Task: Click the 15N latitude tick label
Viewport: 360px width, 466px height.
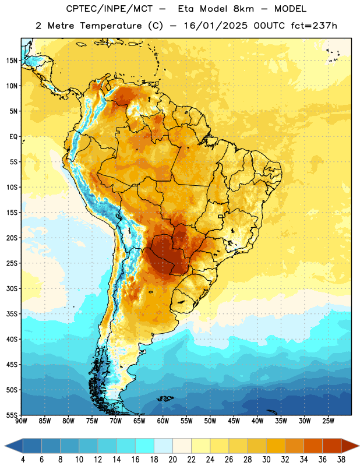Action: coord(12,61)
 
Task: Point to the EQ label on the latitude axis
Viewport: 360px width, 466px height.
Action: coord(13,137)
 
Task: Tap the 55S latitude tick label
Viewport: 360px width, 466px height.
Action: coord(12,415)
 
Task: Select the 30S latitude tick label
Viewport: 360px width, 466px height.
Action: coord(12,288)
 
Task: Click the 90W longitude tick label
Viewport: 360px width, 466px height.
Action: coord(21,421)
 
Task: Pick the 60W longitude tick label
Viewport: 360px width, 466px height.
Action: coord(163,421)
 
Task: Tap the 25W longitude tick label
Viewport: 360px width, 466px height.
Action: coord(328,421)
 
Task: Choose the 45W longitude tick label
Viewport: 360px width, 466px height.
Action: coord(234,421)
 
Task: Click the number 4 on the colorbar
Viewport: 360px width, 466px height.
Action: coord(23,460)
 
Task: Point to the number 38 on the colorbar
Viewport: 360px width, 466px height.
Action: coord(341,460)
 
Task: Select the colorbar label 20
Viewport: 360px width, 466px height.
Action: coord(172,460)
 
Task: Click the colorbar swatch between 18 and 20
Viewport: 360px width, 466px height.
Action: coord(163,446)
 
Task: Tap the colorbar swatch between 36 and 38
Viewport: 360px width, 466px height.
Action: coord(332,446)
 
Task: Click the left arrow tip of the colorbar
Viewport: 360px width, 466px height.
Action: coord(5,446)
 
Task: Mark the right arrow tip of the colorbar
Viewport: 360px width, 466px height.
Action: coord(359,446)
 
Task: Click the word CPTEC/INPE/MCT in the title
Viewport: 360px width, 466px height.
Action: coord(110,9)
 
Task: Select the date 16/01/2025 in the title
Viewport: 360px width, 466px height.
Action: coord(215,26)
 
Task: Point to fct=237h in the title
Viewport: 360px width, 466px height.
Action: coord(314,26)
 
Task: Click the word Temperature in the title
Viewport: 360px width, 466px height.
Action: coord(111,26)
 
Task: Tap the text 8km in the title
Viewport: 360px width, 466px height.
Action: coord(243,9)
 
